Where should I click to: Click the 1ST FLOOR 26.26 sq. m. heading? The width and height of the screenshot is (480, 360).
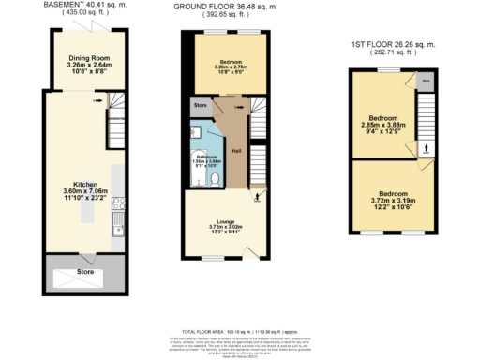click(394, 44)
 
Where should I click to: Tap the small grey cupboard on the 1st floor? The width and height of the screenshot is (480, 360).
click(426, 81)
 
